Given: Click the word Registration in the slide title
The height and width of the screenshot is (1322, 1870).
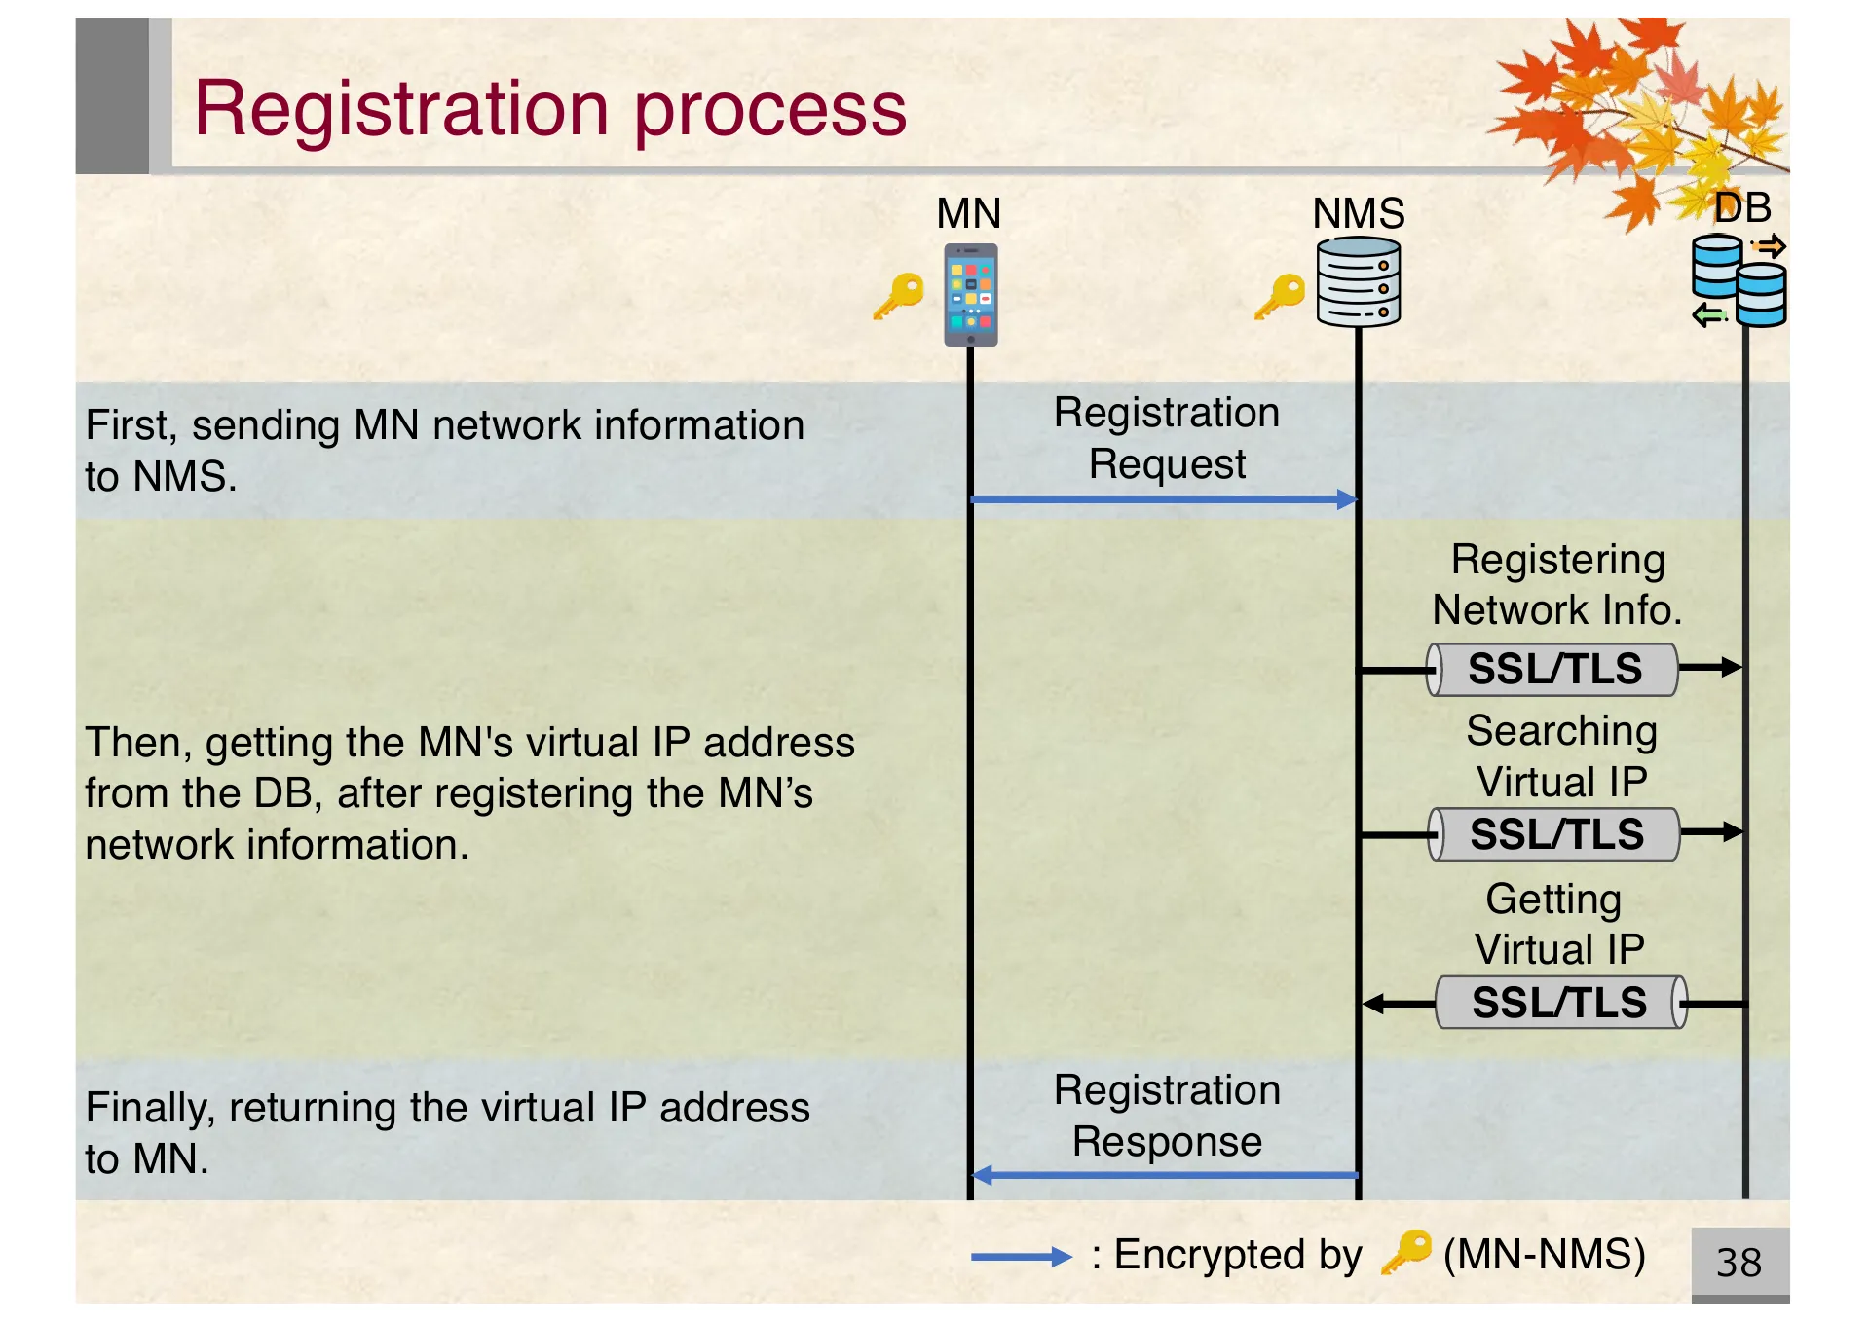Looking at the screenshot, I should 401,109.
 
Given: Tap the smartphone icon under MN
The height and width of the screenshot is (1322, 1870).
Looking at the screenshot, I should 970,294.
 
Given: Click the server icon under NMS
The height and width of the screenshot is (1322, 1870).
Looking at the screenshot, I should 1358,282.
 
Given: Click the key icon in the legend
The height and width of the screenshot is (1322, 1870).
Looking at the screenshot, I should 1406,1252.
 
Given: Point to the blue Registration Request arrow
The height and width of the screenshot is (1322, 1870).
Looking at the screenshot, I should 1163,499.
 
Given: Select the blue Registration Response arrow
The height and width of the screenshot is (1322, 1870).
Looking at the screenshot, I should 1163,1175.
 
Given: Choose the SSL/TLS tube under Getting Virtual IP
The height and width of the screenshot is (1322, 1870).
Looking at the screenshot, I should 1560,1003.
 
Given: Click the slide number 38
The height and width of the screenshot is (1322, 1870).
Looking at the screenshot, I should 1739,1263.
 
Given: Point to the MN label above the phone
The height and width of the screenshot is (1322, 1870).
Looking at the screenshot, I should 968,213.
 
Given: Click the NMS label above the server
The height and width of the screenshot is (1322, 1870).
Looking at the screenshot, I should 1358,213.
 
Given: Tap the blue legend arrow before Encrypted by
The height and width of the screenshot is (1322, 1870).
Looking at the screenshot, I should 1021,1257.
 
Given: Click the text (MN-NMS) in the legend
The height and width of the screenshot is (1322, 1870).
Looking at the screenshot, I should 1544,1255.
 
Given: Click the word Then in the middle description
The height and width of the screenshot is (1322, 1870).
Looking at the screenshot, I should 138,743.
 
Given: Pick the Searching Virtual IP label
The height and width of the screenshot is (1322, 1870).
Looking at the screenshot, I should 1561,755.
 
